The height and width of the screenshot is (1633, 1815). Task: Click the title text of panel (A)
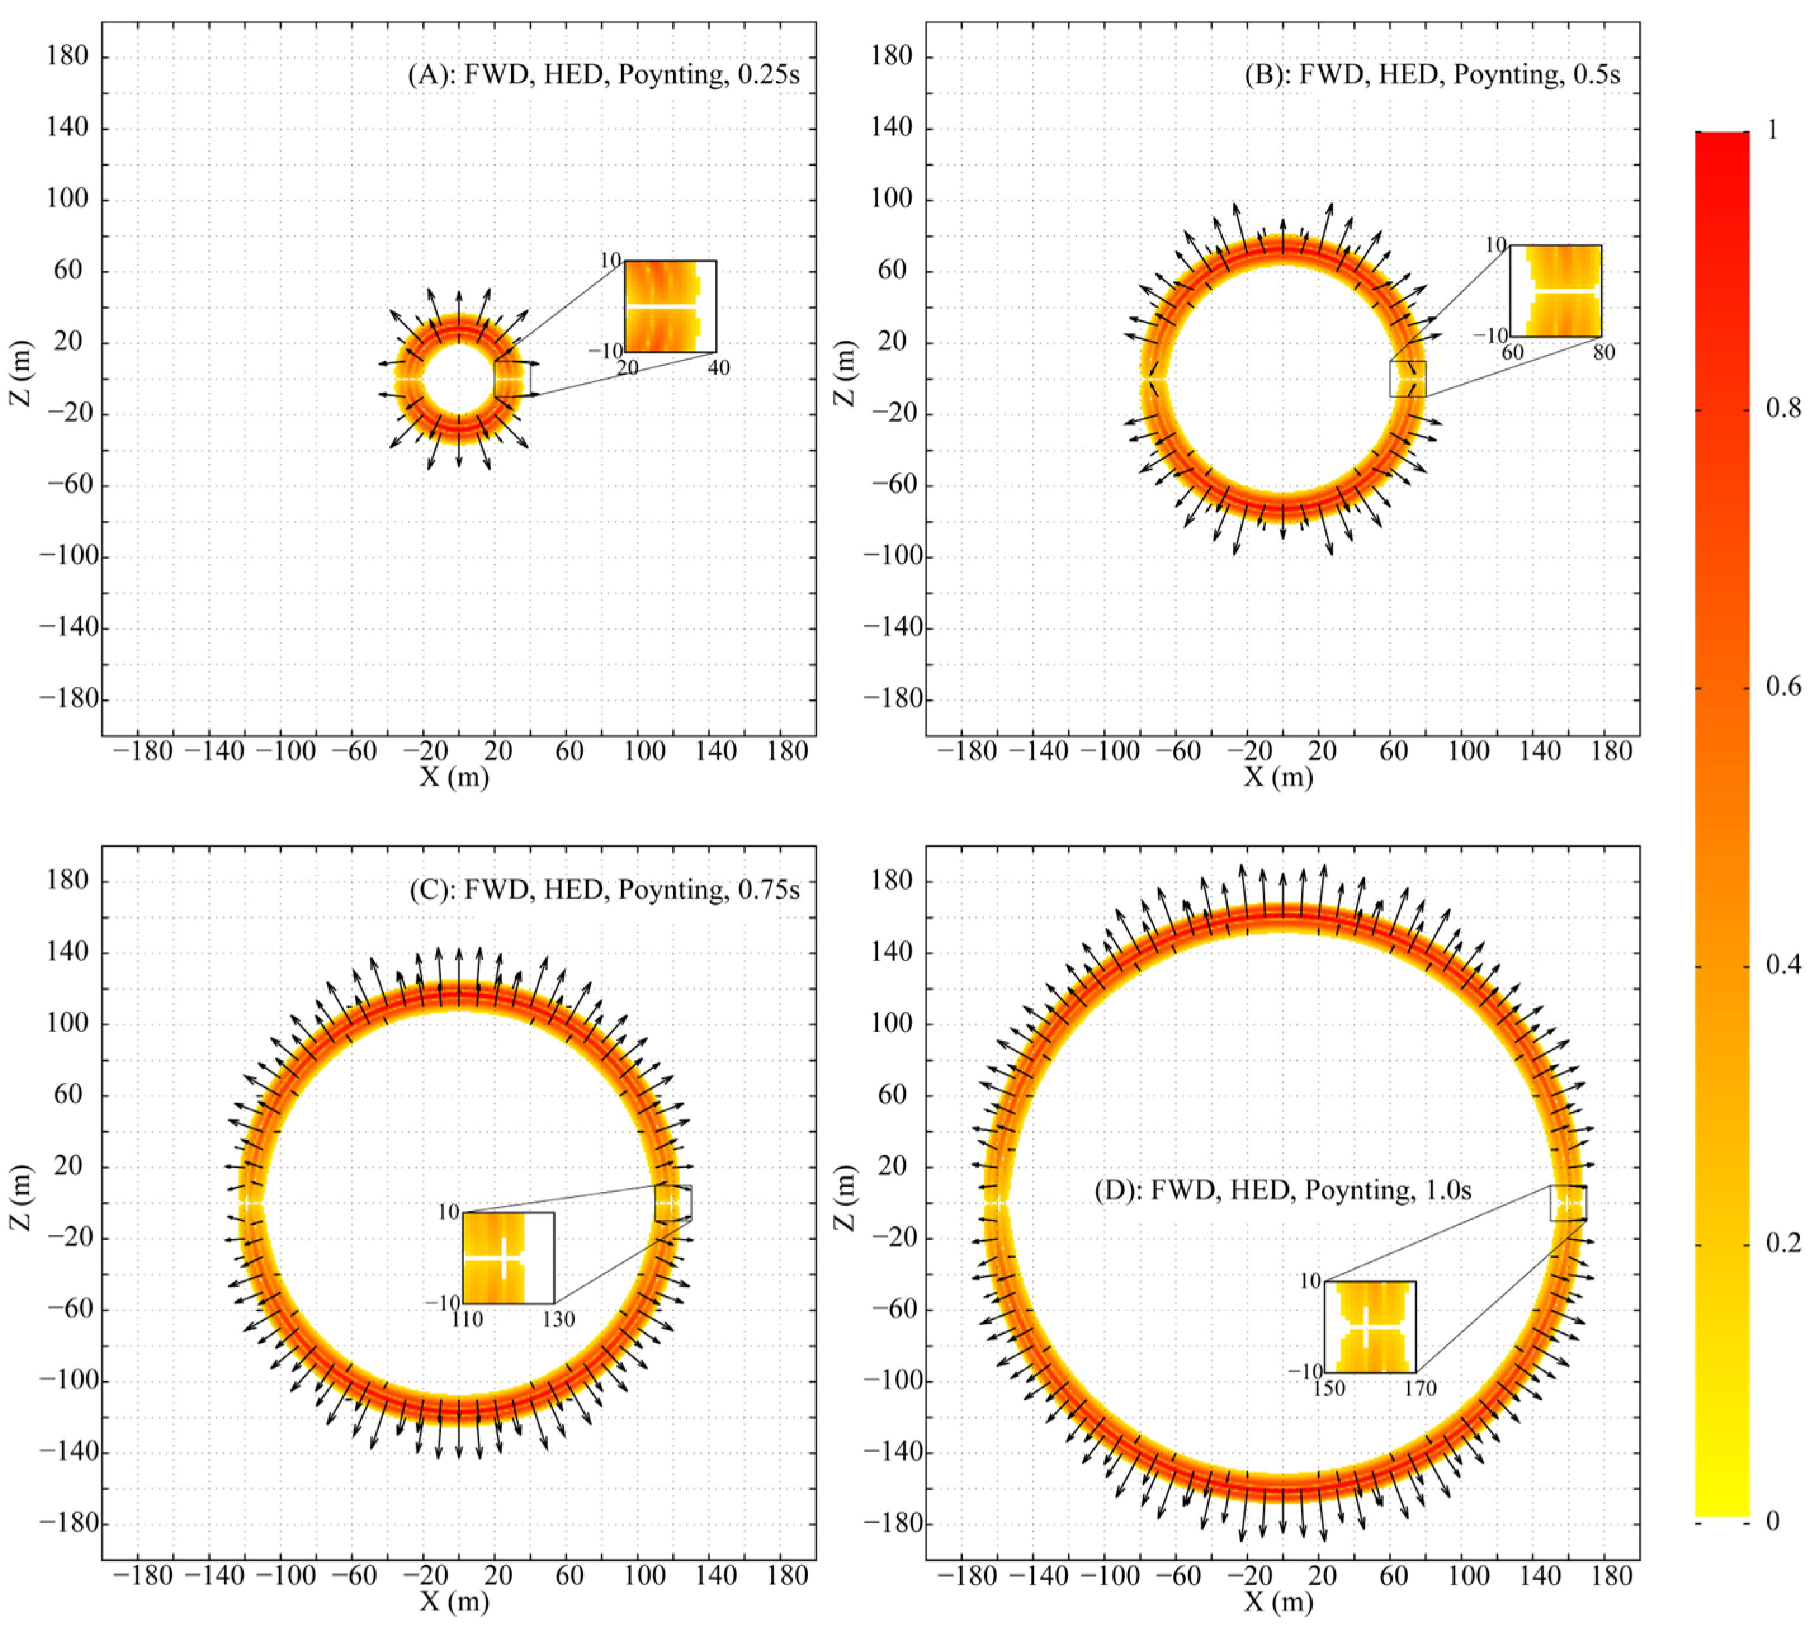603,74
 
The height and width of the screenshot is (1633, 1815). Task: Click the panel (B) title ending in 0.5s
1432,74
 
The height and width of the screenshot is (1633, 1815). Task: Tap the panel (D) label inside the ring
1282,1190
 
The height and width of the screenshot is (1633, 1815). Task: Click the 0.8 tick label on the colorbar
1783,408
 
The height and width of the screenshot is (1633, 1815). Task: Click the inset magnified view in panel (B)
1556,290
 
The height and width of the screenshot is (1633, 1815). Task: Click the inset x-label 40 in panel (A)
719,368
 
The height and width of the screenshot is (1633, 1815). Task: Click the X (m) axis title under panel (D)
1278,1601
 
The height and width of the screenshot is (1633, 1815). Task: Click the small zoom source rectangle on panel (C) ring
673,1202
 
